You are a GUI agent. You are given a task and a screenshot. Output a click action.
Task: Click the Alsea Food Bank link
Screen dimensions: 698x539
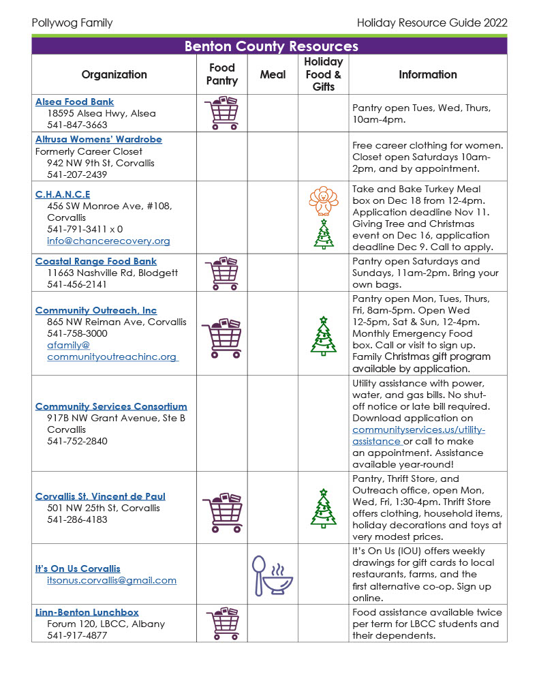pos(75,102)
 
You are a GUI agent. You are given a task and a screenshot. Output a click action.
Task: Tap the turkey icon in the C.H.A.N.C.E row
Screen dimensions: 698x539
pos(323,200)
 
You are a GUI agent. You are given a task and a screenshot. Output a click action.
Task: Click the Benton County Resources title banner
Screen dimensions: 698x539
pos(270,46)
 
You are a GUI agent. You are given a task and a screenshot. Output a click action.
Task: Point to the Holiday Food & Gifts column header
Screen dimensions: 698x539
pos(323,74)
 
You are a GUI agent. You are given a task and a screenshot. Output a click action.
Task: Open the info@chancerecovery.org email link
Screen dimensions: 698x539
pos(108,241)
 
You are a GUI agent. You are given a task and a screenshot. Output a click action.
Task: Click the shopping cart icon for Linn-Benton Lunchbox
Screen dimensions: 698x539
pos(222,624)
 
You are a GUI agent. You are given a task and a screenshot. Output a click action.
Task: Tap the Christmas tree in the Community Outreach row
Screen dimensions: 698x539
pos(323,336)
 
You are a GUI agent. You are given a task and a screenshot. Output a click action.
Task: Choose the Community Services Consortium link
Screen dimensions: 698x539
pos(111,406)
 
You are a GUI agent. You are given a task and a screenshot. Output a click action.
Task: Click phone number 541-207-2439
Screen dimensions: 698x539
pos(77,174)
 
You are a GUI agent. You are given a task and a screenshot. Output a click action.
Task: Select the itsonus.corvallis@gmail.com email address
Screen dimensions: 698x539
pos(112,580)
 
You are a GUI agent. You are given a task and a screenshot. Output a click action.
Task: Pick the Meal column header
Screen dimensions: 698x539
pos(273,74)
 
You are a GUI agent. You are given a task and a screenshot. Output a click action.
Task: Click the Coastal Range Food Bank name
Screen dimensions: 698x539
pos(96,261)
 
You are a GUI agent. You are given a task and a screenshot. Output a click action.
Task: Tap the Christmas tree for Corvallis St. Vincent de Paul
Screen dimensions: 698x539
pos(323,509)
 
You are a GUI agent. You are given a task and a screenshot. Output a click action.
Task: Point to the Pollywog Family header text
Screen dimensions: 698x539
pos(72,23)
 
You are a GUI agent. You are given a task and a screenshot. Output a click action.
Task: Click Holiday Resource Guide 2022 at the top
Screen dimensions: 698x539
pos(432,23)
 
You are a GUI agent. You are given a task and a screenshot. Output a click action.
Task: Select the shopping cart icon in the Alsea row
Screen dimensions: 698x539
pos(222,113)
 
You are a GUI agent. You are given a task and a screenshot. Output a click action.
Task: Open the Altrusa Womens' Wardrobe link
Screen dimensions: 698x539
pos(99,139)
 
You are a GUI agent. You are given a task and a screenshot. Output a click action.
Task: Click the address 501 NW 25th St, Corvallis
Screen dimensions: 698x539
pos(104,508)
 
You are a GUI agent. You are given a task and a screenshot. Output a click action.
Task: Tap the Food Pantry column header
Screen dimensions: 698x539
pos(222,74)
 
